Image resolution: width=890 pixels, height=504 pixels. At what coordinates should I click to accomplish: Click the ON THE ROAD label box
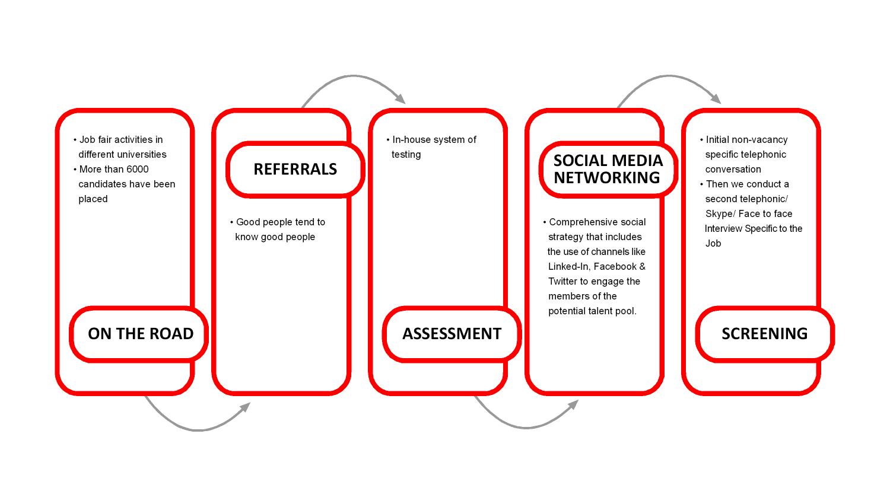(140, 334)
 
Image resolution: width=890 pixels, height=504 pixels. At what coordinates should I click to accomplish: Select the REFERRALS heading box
(295, 170)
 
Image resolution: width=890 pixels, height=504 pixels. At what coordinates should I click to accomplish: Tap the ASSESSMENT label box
(452, 334)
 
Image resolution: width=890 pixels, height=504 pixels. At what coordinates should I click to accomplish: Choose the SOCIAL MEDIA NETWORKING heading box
(608, 170)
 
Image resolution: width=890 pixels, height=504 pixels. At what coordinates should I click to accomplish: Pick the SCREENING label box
(764, 334)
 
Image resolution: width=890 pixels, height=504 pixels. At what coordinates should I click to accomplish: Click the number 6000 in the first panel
(137, 170)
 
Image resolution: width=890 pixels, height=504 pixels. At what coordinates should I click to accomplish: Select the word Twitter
(562, 282)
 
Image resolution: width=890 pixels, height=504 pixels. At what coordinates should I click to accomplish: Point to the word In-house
(412, 140)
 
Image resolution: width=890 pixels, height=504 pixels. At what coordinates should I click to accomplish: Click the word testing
(406, 155)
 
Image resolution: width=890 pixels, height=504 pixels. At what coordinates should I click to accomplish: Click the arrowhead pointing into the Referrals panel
(245, 406)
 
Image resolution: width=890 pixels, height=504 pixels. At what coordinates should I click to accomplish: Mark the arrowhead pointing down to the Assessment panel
(400, 99)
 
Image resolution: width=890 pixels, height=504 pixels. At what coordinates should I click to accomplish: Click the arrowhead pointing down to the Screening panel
(716, 99)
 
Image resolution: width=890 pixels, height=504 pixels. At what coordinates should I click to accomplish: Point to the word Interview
(723, 229)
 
